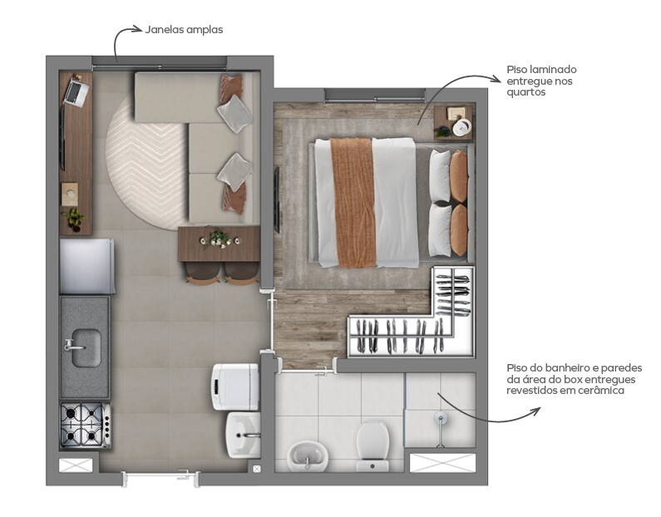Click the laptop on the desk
75,90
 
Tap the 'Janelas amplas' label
184,30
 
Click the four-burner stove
85,426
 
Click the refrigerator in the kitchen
86,265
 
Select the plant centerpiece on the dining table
220,239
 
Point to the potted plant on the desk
74,219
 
